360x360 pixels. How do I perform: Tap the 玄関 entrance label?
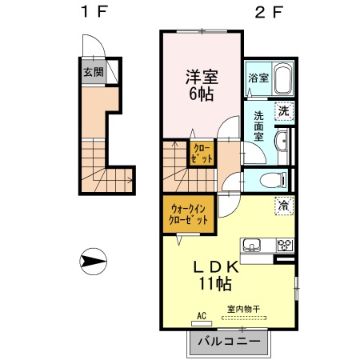(x=93, y=71)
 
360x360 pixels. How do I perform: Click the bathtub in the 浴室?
(x=281, y=80)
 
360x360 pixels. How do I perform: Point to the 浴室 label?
(x=258, y=79)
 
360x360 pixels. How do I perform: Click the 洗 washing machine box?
(x=283, y=111)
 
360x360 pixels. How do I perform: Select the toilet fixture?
(x=270, y=178)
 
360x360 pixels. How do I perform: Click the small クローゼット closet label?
(x=202, y=154)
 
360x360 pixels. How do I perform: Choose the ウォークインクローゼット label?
(x=189, y=214)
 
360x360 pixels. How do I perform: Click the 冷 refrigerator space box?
(x=283, y=206)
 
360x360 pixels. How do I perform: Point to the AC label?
(x=201, y=316)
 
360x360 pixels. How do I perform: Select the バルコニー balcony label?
(x=229, y=342)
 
